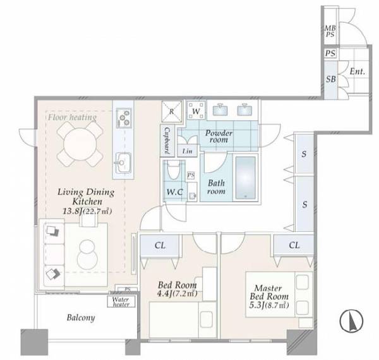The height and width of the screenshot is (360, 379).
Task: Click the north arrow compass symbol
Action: pos(351,321)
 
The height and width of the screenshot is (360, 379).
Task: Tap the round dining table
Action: pos(80,144)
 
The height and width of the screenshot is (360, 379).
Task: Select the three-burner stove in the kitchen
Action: pos(124,117)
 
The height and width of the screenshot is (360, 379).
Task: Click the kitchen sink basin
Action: pos(123,163)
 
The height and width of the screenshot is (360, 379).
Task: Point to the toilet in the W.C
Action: pos(174,171)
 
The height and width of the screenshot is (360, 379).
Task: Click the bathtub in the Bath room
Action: pos(246,178)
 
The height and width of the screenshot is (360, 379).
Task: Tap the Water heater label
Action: pos(121,301)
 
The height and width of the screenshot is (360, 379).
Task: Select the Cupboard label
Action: pos(167,140)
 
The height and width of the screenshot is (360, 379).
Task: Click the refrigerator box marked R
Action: pos(172,111)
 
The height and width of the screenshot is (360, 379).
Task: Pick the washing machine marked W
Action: pos(196,111)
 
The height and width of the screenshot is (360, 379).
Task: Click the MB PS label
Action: pos(330,32)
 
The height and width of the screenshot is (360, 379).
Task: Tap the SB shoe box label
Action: pos(330,79)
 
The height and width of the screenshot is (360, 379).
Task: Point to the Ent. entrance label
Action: pos(358,71)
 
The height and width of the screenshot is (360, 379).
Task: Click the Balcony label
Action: pos(81,318)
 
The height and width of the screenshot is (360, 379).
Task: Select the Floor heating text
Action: pos(72,117)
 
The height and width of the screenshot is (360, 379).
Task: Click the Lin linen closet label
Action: pos(188,151)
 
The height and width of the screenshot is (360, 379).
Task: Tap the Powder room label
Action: pos(219,136)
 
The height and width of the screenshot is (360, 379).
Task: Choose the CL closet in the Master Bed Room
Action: pos(294,245)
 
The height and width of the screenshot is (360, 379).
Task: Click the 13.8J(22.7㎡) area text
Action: pos(87,212)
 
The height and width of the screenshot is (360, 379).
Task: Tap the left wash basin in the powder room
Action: pos(220,110)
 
